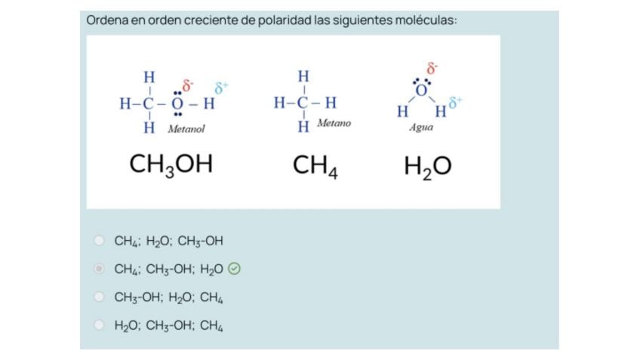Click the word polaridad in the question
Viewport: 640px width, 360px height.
click(x=285, y=20)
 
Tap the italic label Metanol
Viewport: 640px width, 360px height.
click(x=186, y=129)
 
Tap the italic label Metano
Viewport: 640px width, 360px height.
click(x=334, y=123)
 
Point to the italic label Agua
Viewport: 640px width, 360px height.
click(x=420, y=128)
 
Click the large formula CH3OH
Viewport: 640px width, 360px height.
click(x=171, y=165)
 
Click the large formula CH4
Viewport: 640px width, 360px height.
click(x=315, y=165)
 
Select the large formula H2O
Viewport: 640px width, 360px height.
click(x=427, y=166)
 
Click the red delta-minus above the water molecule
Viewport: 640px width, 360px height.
click(x=432, y=69)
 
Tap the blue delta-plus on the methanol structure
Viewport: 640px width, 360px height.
click(x=221, y=88)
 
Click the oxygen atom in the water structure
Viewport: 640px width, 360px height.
click(x=422, y=90)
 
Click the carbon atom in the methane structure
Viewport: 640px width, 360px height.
click(x=303, y=103)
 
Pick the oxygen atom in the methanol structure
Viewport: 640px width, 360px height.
click(x=177, y=103)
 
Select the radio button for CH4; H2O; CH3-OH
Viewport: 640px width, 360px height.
click(x=99, y=241)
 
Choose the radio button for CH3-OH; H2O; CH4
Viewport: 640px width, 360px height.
click(x=99, y=297)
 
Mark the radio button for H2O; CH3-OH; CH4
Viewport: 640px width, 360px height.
click(x=99, y=325)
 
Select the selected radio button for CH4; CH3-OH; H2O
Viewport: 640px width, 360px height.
click(x=99, y=269)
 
